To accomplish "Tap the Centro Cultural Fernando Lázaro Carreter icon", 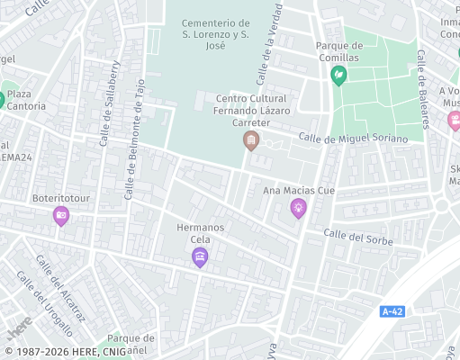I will pyautogui.click(x=251, y=140).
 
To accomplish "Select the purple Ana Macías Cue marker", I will pyautogui.click(x=298, y=209).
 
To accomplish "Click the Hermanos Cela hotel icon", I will pyautogui.click(x=200, y=258).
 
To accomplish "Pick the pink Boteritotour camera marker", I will pyautogui.click(x=61, y=214).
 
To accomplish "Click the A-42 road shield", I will pyautogui.click(x=392, y=311).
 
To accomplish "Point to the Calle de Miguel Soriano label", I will pyautogui.click(x=353, y=139).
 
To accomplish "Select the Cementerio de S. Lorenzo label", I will pyautogui.click(x=214, y=33).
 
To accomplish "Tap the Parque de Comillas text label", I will pyautogui.click(x=338, y=51).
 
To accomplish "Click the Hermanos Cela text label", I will pyautogui.click(x=200, y=234).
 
